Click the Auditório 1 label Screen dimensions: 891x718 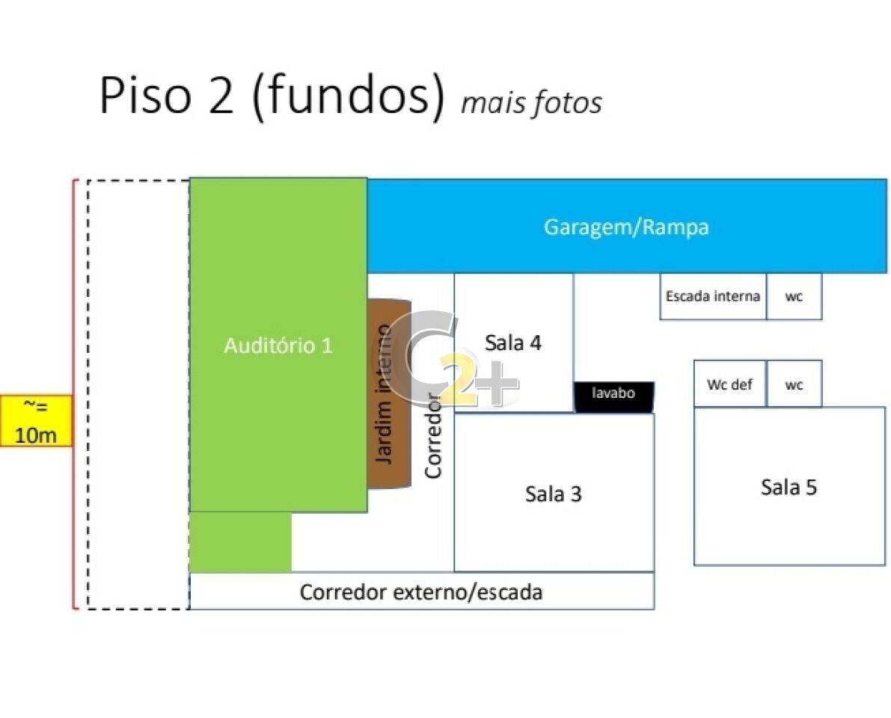(278, 346)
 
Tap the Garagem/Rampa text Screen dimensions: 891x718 (626, 227)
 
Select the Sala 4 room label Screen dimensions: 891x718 (512, 343)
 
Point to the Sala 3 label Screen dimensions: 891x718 (554, 494)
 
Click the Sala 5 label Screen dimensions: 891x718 (789, 487)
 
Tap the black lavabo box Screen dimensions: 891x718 (613, 396)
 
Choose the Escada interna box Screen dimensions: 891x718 (713, 296)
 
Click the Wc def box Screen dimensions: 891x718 (730, 384)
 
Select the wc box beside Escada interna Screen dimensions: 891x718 (794, 296)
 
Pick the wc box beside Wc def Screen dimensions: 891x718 (794, 384)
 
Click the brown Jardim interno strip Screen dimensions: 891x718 (389, 393)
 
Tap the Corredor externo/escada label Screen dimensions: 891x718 (421, 592)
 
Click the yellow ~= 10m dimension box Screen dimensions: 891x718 (37, 421)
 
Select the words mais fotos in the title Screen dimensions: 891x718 (531, 103)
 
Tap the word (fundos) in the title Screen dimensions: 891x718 (348, 96)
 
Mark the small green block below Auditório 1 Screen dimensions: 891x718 (240, 542)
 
